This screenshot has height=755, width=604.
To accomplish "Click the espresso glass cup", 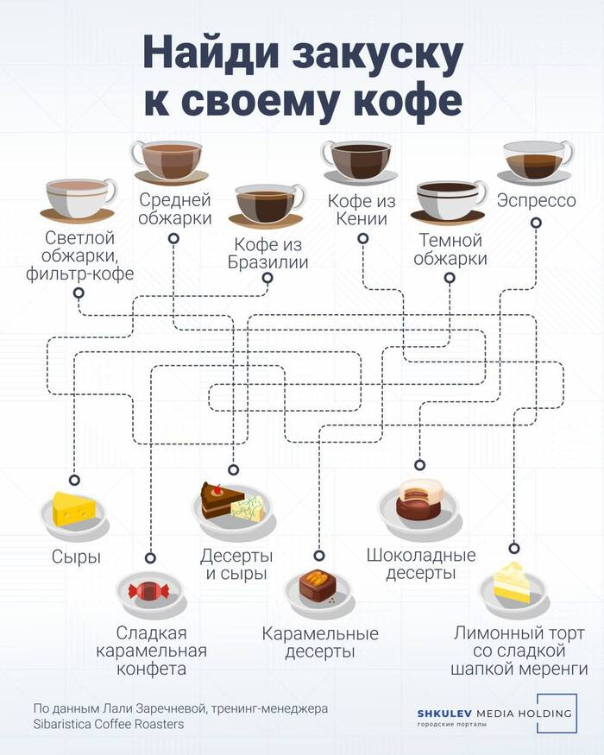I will tap(537, 160).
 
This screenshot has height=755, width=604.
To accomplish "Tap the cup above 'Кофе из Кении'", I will tap(355, 160).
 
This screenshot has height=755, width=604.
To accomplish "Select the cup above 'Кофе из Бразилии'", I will tap(267, 204).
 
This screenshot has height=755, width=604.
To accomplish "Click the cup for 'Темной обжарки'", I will tap(449, 200).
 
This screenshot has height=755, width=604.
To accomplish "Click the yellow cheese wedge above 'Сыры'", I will tap(75, 509).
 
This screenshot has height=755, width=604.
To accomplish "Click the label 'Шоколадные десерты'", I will tap(420, 563).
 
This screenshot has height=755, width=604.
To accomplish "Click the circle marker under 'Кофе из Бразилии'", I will tap(267, 278).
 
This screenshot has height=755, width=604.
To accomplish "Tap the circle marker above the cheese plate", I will tap(74, 480).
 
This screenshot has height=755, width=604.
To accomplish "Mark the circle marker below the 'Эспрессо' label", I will tap(536, 222).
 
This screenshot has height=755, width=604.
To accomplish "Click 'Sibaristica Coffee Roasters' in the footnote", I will tap(109, 725).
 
